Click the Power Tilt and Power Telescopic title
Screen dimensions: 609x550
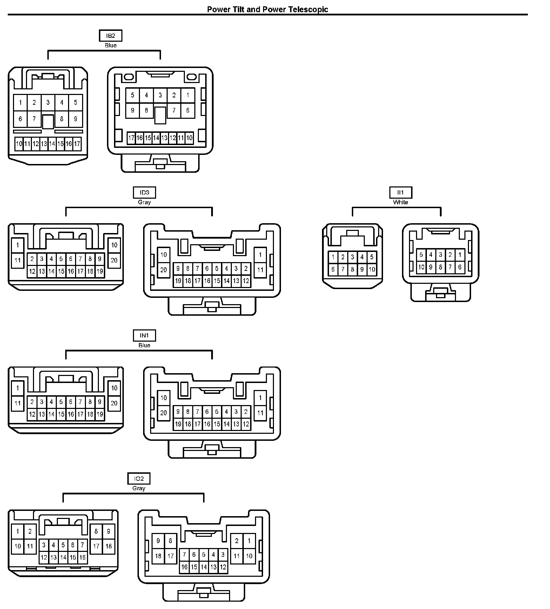point(267,9)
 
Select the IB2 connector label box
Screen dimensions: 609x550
point(110,36)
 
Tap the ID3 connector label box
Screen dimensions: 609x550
point(144,192)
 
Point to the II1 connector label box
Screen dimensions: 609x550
point(400,192)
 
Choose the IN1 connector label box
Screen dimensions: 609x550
point(144,335)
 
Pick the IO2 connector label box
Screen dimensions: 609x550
point(139,479)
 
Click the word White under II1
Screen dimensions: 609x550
point(400,202)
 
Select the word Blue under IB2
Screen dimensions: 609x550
point(110,46)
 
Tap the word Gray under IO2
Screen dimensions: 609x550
point(139,488)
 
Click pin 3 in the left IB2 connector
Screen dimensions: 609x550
point(48,103)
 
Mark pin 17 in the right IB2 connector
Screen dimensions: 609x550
point(131,138)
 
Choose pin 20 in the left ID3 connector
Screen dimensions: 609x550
point(114,260)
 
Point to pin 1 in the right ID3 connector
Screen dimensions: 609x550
point(260,255)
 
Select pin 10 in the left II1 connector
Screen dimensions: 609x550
point(372,270)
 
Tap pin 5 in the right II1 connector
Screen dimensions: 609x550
point(421,255)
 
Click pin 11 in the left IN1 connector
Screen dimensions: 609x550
point(18,403)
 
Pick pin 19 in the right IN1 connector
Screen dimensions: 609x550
point(178,424)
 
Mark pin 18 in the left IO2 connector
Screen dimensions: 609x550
point(109,546)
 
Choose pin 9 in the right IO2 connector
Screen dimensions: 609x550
point(158,541)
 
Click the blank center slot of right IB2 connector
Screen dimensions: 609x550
point(160,115)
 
